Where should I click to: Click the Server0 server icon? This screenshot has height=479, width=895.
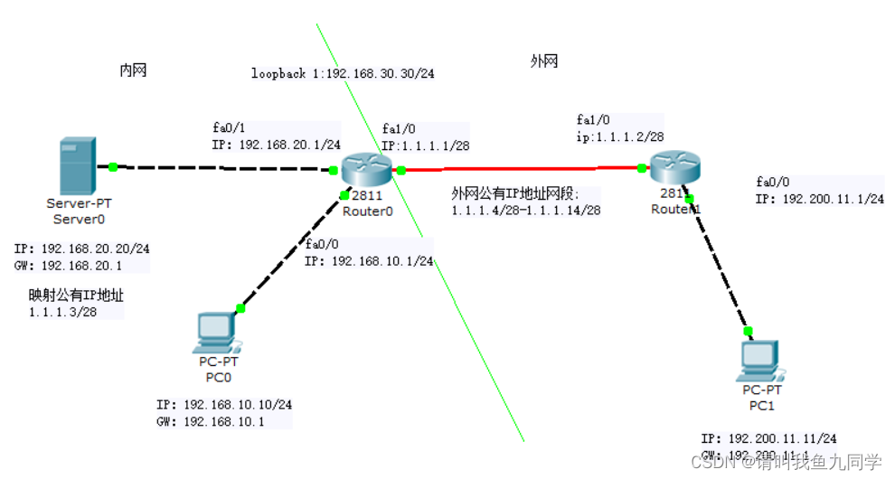pos(76,165)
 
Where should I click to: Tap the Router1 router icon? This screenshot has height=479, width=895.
pos(677,167)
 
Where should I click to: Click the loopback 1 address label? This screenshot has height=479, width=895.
pos(343,74)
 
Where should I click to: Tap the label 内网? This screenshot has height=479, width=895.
pos(133,70)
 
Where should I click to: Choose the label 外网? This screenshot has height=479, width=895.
pos(543,61)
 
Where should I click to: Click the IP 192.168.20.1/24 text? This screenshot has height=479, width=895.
pos(277,144)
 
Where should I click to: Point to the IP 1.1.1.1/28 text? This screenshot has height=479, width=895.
pos(424,145)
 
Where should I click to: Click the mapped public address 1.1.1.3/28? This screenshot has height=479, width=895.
pos(63,312)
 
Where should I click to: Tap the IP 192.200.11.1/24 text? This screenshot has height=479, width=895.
pos(819,199)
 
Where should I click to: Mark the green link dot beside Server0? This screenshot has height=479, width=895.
pos(113,166)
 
